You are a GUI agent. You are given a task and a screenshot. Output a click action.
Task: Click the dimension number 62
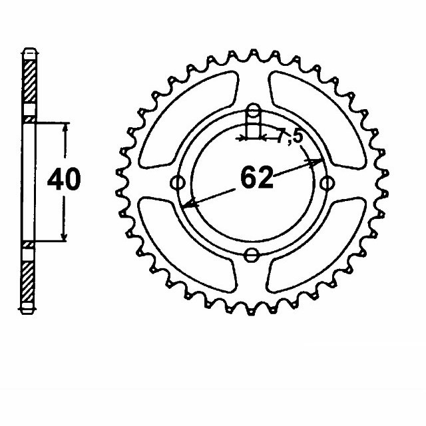point(256,178)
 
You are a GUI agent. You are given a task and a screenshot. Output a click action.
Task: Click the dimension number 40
point(64,180)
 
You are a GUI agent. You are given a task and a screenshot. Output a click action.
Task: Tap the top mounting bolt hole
point(252,111)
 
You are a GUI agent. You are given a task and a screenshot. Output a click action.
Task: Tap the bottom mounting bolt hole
point(252,254)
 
